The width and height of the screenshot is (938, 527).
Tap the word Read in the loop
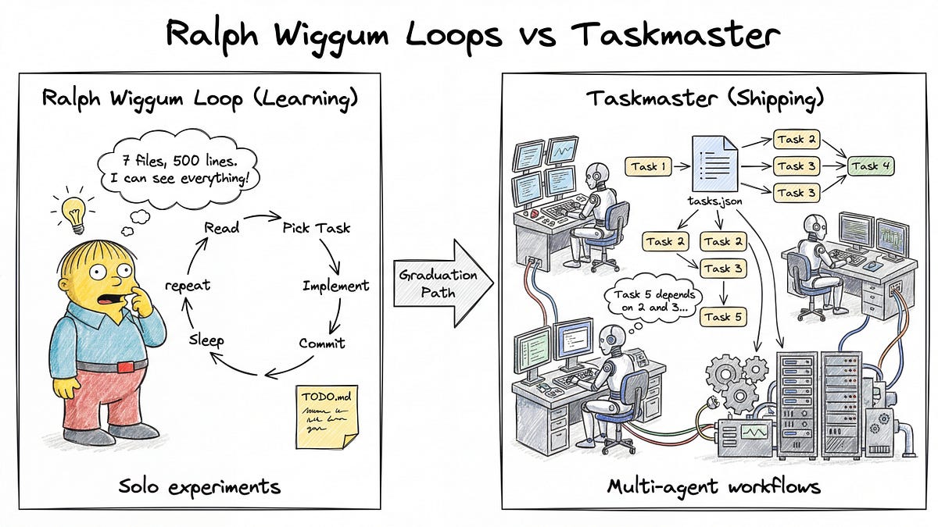click(222, 228)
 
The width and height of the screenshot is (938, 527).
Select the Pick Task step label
click(316, 228)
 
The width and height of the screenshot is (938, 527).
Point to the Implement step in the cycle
click(335, 286)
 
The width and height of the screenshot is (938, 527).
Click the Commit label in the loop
click(321, 343)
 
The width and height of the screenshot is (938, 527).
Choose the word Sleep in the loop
click(206, 340)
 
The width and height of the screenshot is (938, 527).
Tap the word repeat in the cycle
click(187, 286)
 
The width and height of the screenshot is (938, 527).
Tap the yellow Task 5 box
click(722, 317)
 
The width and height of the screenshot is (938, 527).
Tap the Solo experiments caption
click(199, 487)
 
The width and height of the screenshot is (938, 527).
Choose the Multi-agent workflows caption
click(714, 487)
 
